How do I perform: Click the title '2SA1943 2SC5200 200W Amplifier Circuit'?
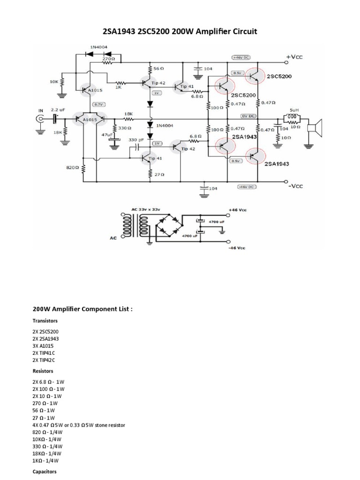180,31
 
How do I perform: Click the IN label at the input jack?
40,111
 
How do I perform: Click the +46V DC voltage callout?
241,57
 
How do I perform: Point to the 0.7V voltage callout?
98,105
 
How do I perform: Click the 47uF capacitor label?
107,134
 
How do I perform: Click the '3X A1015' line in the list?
43,345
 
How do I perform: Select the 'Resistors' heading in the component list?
44,371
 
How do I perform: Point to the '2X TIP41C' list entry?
45,352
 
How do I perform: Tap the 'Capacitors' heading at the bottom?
45,471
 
